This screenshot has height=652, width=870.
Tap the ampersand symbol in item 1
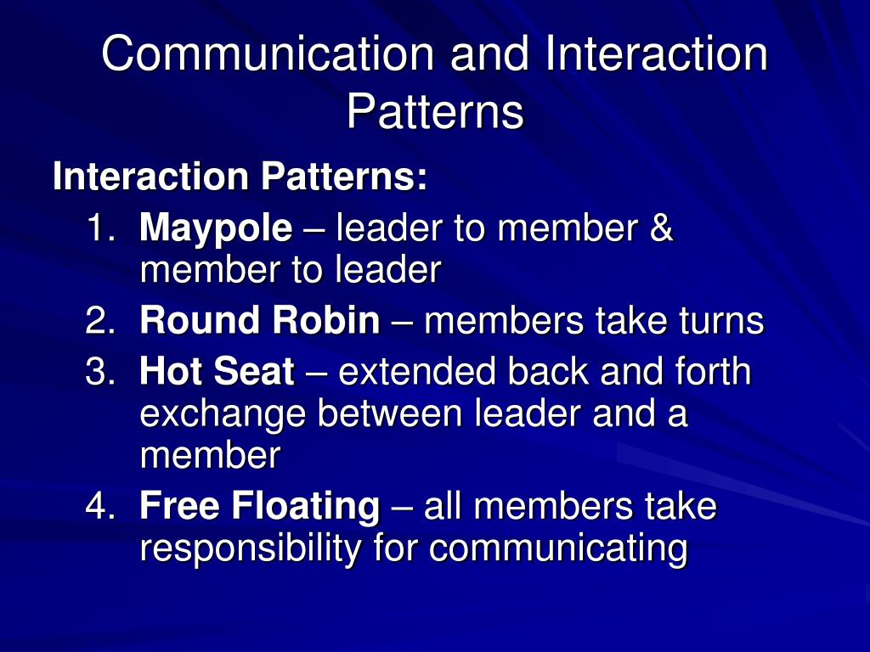pyautogui.click(x=662, y=228)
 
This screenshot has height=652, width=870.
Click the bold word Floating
pyautogui.click(x=306, y=508)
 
